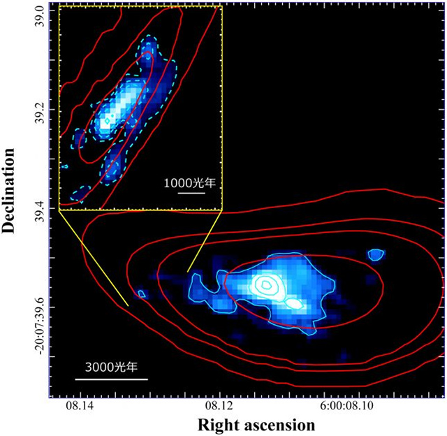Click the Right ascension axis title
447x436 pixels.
coord(256,424)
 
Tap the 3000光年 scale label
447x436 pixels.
coord(112,367)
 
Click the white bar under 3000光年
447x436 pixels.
coord(112,379)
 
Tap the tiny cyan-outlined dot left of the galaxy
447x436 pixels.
coord(141,293)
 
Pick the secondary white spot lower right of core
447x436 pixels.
coord(294,304)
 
